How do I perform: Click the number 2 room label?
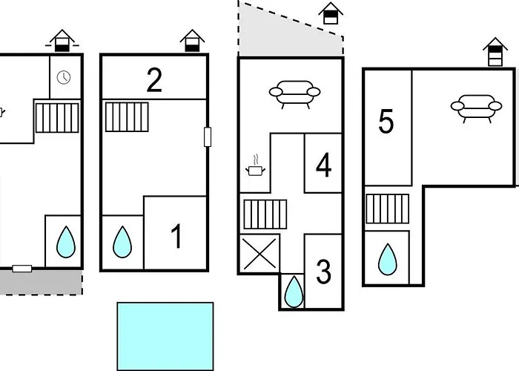[x=154, y=79]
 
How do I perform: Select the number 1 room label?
[x=176, y=237]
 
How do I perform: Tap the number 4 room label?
[x=323, y=165]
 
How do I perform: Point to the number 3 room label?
[x=323, y=272]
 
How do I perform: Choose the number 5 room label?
[x=386, y=122]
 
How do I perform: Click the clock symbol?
[x=65, y=76]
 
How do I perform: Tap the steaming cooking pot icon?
[x=255, y=168]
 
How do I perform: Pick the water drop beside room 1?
[x=122, y=242]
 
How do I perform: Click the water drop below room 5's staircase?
[x=386, y=258]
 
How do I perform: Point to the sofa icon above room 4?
[x=294, y=95]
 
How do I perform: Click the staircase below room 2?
[x=122, y=116]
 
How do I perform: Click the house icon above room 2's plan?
[x=192, y=40]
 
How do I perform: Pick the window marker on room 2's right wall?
[x=208, y=137]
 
